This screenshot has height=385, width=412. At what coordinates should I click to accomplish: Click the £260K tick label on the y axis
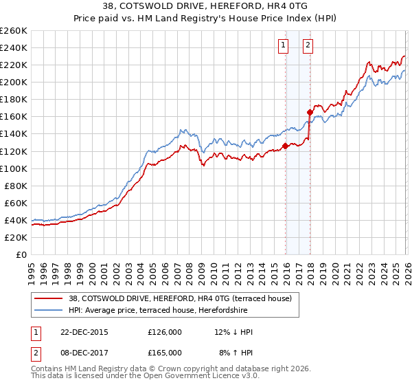[x=14, y=31]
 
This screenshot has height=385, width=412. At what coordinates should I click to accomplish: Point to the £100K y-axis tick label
[x=14, y=168]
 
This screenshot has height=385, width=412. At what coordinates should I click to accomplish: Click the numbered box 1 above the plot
[x=283, y=46]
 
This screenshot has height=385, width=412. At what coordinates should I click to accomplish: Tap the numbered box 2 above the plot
[x=307, y=46]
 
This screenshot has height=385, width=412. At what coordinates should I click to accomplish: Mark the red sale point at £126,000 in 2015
[x=285, y=146]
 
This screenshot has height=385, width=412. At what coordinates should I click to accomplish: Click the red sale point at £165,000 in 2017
[x=310, y=112]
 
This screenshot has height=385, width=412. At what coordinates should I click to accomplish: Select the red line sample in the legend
[x=49, y=298]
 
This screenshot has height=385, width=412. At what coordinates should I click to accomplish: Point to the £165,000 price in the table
[x=165, y=352]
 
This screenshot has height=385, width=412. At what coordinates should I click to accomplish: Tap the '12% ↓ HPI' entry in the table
[x=234, y=332]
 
